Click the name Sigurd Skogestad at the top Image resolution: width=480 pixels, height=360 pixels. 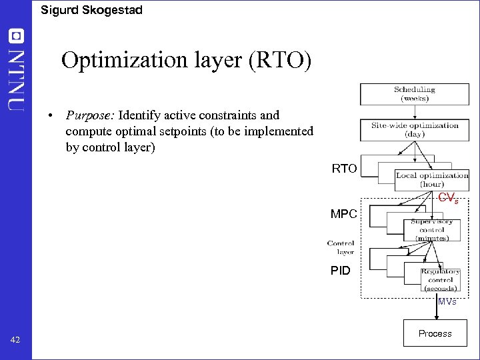(91, 10)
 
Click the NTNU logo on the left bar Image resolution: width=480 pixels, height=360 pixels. (16, 70)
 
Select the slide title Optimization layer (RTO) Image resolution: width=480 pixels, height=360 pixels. (186, 61)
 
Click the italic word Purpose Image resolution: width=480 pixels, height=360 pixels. (89, 115)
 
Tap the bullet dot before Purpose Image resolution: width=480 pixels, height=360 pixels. (51, 116)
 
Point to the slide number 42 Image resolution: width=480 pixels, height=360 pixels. (16, 341)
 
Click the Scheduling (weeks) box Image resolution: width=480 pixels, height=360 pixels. (414, 94)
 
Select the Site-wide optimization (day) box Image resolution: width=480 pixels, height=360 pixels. (415, 129)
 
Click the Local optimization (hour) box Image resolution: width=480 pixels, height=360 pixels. (432, 179)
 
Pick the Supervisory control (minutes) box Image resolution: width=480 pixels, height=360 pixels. (431, 229)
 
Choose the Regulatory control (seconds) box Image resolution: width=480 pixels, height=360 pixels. (440, 279)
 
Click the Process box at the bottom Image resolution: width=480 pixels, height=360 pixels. (435, 333)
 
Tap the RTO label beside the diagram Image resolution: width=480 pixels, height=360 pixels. (344, 169)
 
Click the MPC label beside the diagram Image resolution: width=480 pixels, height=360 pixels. (344, 215)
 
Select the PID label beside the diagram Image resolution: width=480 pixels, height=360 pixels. (341, 271)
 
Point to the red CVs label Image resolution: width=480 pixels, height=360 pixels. (447, 198)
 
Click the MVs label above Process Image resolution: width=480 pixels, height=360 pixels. (447, 302)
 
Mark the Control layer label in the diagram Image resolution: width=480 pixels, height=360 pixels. (341, 247)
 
